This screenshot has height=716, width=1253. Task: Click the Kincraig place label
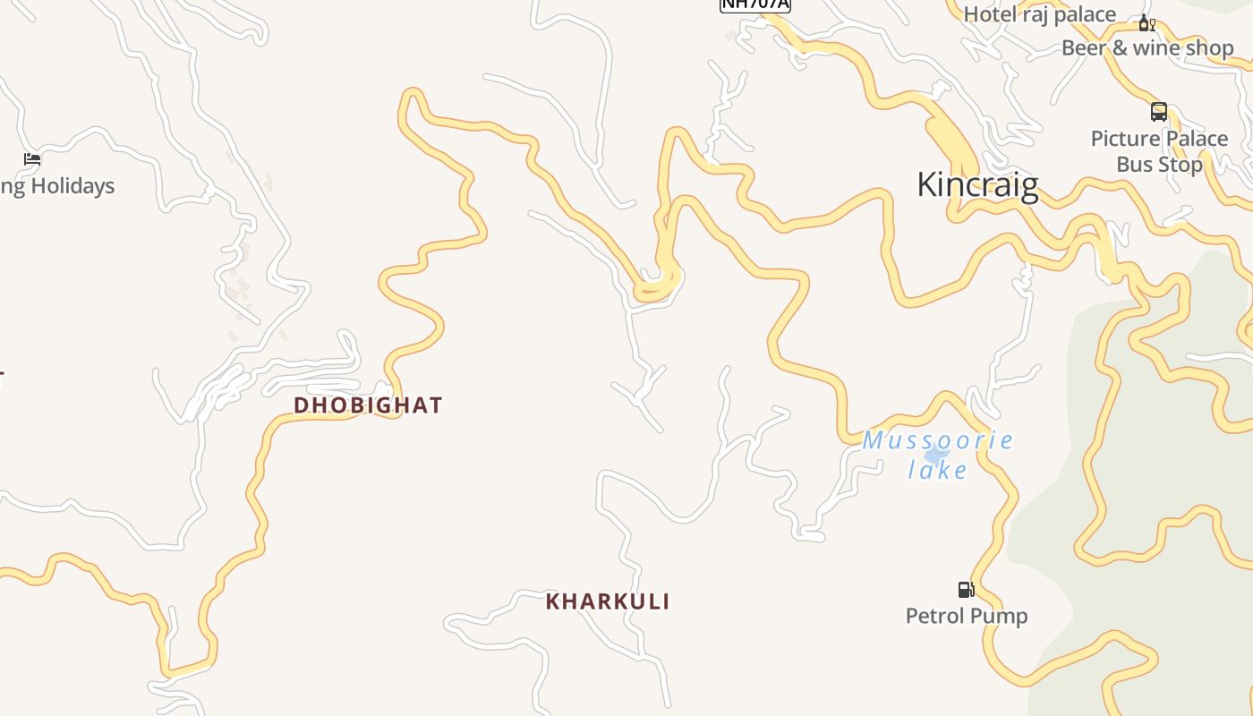[x=977, y=184]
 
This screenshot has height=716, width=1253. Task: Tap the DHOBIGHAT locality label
[x=368, y=405]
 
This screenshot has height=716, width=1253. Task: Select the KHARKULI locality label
[x=608, y=601]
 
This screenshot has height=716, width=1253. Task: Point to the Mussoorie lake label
[x=938, y=455]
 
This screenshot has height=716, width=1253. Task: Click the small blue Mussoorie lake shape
[x=935, y=453]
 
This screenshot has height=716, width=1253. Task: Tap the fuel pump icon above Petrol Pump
[x=966, y=590]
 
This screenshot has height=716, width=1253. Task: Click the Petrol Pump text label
[x=967, y=616]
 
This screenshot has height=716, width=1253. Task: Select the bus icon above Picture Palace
[x=1159, y=112]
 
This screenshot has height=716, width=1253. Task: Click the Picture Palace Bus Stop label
[x=1159, y=151]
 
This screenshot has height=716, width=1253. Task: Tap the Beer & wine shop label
[x=1147, y=48]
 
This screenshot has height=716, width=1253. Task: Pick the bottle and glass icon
[x=1146, y=23]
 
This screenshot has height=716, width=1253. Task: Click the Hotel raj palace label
[x=1039, y=14]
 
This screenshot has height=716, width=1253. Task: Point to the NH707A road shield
[x=755, y=4]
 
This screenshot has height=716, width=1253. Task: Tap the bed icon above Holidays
[x=32, y=159]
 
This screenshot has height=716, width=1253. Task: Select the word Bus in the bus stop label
[x=1135, y=165]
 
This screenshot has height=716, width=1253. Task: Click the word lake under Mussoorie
[x=938, y=470]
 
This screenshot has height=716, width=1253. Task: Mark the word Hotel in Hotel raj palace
[x=989, y=14]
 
